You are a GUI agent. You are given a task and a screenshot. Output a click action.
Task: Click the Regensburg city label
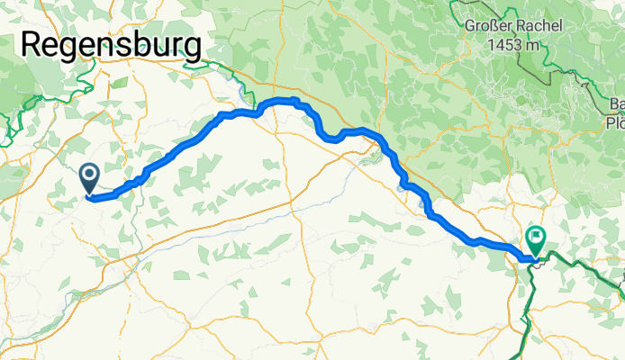112,45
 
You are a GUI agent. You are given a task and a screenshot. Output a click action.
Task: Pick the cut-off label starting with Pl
615,122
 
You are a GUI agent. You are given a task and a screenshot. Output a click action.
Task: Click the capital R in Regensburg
34,45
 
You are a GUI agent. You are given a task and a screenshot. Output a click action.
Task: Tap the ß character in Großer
499,25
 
